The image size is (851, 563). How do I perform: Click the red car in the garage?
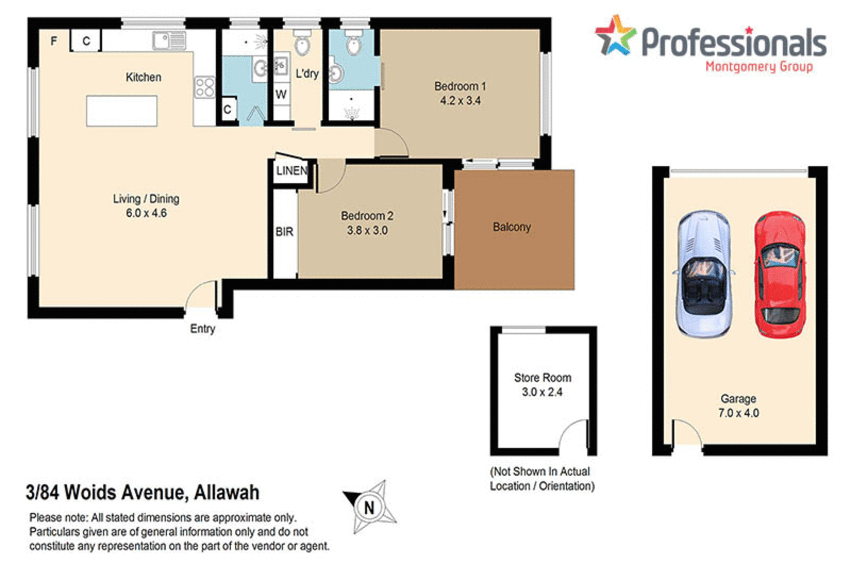(x=780, y=275)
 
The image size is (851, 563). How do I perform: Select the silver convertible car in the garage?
(x=703, y=275)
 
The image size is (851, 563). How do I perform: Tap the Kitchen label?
(x=144, y=77)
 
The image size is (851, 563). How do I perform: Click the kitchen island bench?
(x=121, y=111)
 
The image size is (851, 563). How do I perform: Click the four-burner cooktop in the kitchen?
(x=205, y=87)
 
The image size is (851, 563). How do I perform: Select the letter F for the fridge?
(x=54, y=41)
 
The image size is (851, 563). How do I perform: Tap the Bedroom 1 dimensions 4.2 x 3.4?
(x=460, y=101)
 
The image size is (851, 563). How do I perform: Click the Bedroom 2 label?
(x=366, y=216)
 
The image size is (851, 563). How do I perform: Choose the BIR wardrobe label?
(x=284, y=232)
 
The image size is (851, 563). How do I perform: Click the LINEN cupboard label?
(x=292, y=171)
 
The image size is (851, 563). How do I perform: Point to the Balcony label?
(x=512, y=227)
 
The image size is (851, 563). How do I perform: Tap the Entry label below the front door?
(x=203, y=329)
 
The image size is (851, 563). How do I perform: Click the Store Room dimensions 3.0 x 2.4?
(x=542, y=392)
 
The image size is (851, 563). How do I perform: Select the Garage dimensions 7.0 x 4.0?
(x=738, y=413)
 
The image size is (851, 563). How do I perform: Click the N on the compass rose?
(x=369, y=507)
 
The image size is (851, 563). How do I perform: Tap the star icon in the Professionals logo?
(x=615, y=36)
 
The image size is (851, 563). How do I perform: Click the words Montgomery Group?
(x=759, y=66)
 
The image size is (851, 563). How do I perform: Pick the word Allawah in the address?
(x=226, y=492)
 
